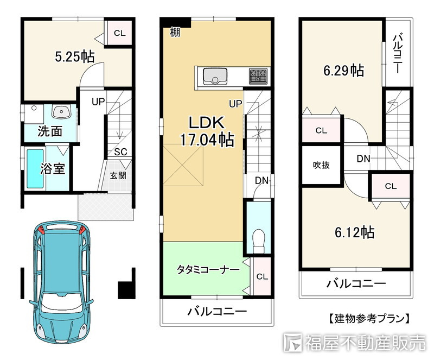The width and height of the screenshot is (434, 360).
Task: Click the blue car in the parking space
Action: click(62, 281)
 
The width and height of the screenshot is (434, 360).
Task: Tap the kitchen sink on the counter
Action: click(215, 76)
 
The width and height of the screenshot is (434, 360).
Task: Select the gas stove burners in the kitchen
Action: click(258, 76)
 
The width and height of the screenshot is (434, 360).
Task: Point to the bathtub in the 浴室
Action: click(35, 169)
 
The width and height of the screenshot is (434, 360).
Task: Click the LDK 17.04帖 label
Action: click(207, 131)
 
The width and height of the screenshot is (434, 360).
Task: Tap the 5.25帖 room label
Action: click(75, 56)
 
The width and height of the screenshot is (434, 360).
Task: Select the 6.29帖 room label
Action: click(344, 70)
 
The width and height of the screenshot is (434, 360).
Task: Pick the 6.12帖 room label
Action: click(355, 232)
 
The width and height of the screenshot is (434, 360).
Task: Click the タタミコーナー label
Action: click(208, 269)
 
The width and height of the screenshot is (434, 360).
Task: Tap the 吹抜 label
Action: click(321, 165)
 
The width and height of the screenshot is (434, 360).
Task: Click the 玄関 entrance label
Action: click(118, 175)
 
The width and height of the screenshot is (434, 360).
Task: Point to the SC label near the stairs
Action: click(120, 151)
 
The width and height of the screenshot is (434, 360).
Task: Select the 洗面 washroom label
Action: click(50, 131)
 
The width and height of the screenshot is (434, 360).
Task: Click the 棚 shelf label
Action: click(175, 32)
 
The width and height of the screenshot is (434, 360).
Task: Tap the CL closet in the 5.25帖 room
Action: click(119, 33)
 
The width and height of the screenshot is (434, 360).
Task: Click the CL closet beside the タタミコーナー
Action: click(262, 276)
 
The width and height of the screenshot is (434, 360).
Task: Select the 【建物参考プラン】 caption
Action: click(369, 318)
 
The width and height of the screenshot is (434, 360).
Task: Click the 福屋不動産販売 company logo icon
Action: click(292, 343)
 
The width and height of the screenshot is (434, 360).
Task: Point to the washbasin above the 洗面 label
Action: click(61, 112)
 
